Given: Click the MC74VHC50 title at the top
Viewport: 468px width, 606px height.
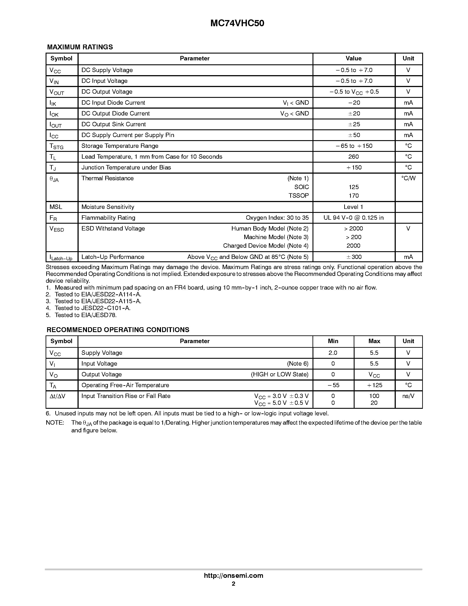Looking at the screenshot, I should click(237, 23).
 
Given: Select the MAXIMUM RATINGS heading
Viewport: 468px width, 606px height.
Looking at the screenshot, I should click(80, 47).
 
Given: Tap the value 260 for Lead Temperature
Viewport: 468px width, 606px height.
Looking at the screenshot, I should click(353, 157).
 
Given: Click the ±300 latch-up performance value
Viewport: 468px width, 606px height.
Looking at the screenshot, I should click(354, 257).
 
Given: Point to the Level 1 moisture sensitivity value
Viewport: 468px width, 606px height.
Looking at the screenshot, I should click(353, 207).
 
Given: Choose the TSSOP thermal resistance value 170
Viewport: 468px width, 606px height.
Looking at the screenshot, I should click(353, 196).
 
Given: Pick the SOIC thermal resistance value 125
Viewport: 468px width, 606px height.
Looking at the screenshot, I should click(353, 187).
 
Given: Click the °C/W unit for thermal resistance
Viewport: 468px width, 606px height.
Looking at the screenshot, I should click(408, 178).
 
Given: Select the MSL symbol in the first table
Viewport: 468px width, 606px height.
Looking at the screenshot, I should click(56, 207).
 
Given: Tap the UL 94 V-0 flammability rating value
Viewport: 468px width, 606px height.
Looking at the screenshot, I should click(353, 218).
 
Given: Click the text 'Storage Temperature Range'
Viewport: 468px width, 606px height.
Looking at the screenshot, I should click(120, 146).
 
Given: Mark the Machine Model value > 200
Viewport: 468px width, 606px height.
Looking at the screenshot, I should click(353, 237).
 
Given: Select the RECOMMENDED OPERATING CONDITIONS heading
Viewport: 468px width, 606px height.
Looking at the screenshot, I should click(118, 330).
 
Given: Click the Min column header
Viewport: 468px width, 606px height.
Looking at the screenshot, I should click(333, 341).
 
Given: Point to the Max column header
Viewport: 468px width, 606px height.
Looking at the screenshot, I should click(374, 341).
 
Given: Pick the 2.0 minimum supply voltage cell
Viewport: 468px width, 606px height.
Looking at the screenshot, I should click(333, 353).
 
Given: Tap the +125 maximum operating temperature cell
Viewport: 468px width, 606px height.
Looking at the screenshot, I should click(374, 385).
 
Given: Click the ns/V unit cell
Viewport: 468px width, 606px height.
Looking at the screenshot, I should click(408, 396).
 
